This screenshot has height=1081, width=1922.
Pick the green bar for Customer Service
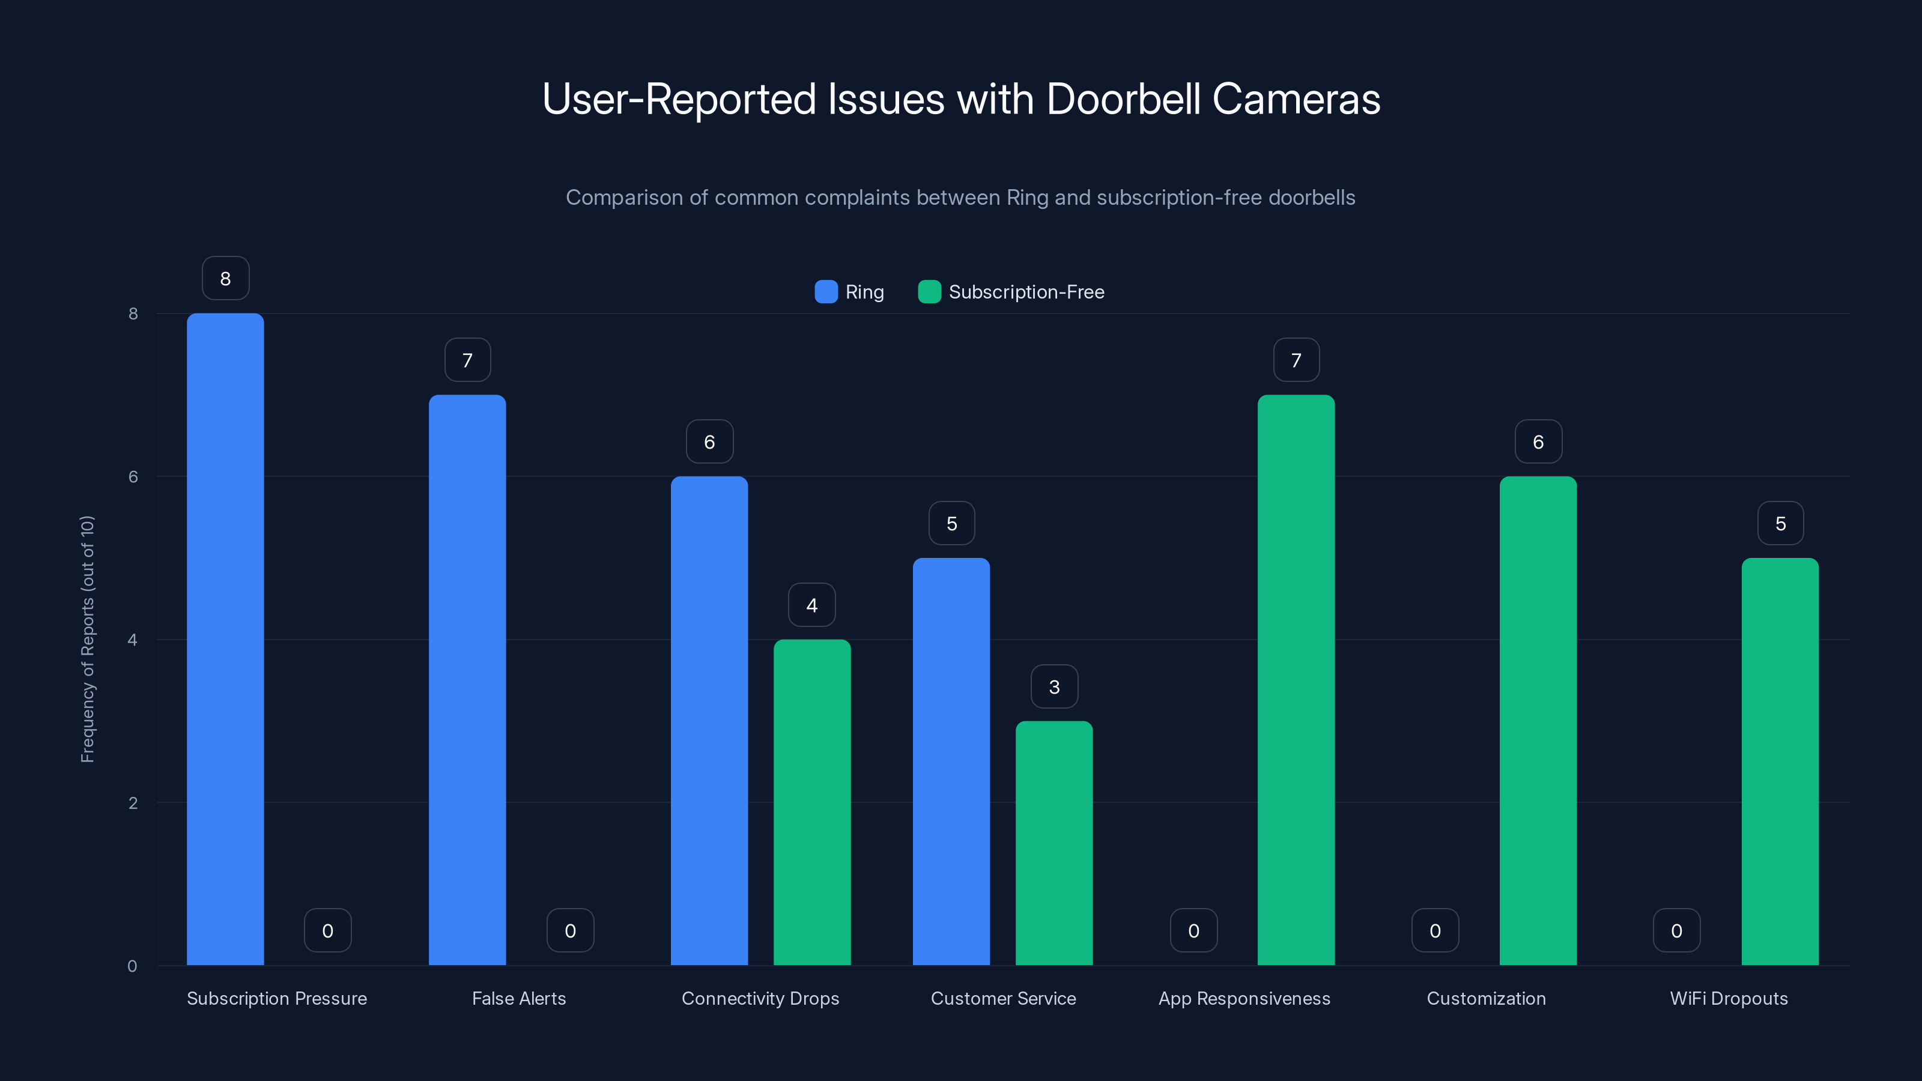1053,843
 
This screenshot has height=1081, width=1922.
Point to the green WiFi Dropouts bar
1780,761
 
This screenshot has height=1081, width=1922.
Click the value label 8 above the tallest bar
225,278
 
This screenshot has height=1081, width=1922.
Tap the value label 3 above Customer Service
1054,686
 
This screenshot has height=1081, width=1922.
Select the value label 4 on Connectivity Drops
812,605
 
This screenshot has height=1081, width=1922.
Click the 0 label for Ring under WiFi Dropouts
1676,930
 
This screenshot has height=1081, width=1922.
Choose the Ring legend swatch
826,292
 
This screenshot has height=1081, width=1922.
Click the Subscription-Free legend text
1026,292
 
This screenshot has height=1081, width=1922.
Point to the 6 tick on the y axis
133,477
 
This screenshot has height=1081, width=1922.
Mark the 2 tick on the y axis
133,803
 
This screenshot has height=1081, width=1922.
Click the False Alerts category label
518,998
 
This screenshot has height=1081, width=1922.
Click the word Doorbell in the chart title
1123,99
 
